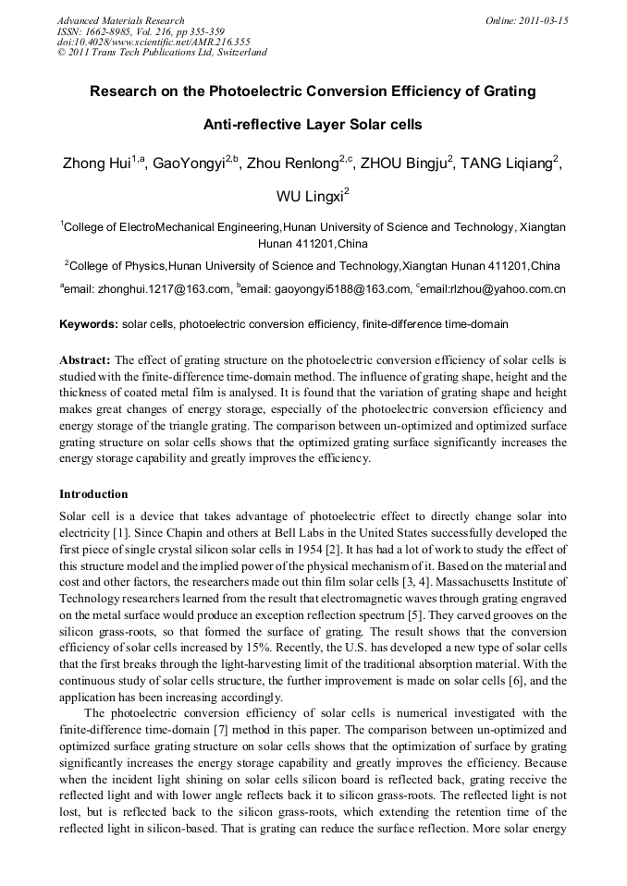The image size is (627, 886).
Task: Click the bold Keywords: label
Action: click(89, 325)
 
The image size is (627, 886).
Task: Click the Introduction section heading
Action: click(93, 494)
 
